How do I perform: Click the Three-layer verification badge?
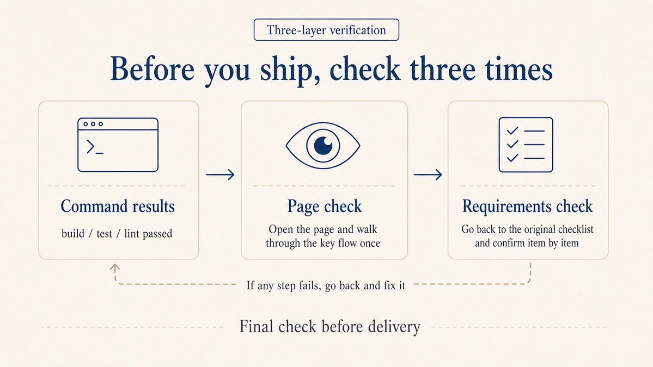pos(326,30)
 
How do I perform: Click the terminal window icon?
pos(118,145)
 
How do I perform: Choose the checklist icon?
pos(526,145)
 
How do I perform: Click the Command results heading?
pos(118,207)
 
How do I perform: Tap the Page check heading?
pos(324,207)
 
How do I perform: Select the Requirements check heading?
pos(527,207)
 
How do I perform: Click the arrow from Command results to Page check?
pos(220,175)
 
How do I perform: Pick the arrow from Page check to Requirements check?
pos(428,175)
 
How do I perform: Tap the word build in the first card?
pos(72,234)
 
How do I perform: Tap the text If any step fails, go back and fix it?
pos(326,285)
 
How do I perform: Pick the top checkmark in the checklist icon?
pos(512,131)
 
